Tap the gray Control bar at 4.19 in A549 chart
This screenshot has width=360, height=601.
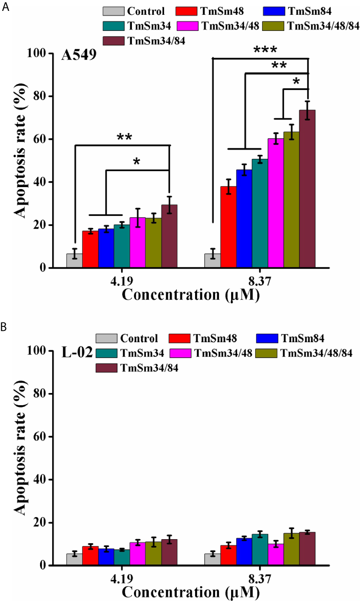pyautogui.click(x=74, y=261)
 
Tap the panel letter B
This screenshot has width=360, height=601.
pyautogui.click(x=4, y=326)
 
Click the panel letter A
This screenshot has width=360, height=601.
pyautogui.click(x=4, y=7)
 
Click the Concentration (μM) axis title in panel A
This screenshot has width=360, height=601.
pyautogui.click(x=191, y=295)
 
